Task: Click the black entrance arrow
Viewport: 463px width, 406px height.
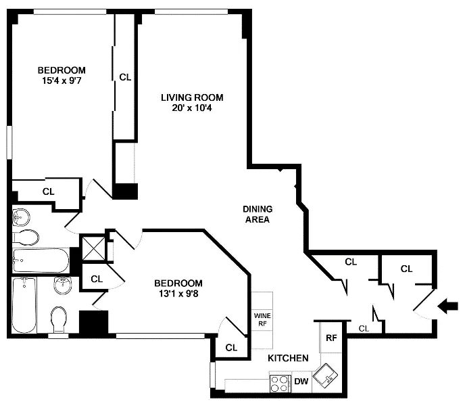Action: (447, 307)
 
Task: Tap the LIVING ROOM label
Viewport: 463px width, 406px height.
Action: (191, 97)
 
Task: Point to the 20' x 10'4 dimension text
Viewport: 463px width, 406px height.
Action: (191, 108)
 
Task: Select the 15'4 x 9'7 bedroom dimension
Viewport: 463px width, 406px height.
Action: (62, 81)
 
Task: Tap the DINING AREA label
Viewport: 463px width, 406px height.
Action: (257, 214)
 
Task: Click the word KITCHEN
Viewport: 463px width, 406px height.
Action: (288, 358)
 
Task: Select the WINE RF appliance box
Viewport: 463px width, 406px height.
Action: (262, 319)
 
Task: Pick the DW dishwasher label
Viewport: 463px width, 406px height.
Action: (301, 382)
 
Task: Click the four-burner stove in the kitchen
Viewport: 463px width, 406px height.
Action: (280, 383)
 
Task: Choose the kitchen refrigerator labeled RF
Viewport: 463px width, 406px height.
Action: (331, 338)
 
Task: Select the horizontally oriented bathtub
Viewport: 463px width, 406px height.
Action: (41, 261)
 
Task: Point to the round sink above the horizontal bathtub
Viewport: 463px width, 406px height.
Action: (22, 217)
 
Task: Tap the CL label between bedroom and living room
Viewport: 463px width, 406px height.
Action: (125, 77)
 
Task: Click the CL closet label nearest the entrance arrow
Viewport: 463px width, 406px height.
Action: (406, 269)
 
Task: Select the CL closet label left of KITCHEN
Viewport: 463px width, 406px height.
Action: (231, 347)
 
